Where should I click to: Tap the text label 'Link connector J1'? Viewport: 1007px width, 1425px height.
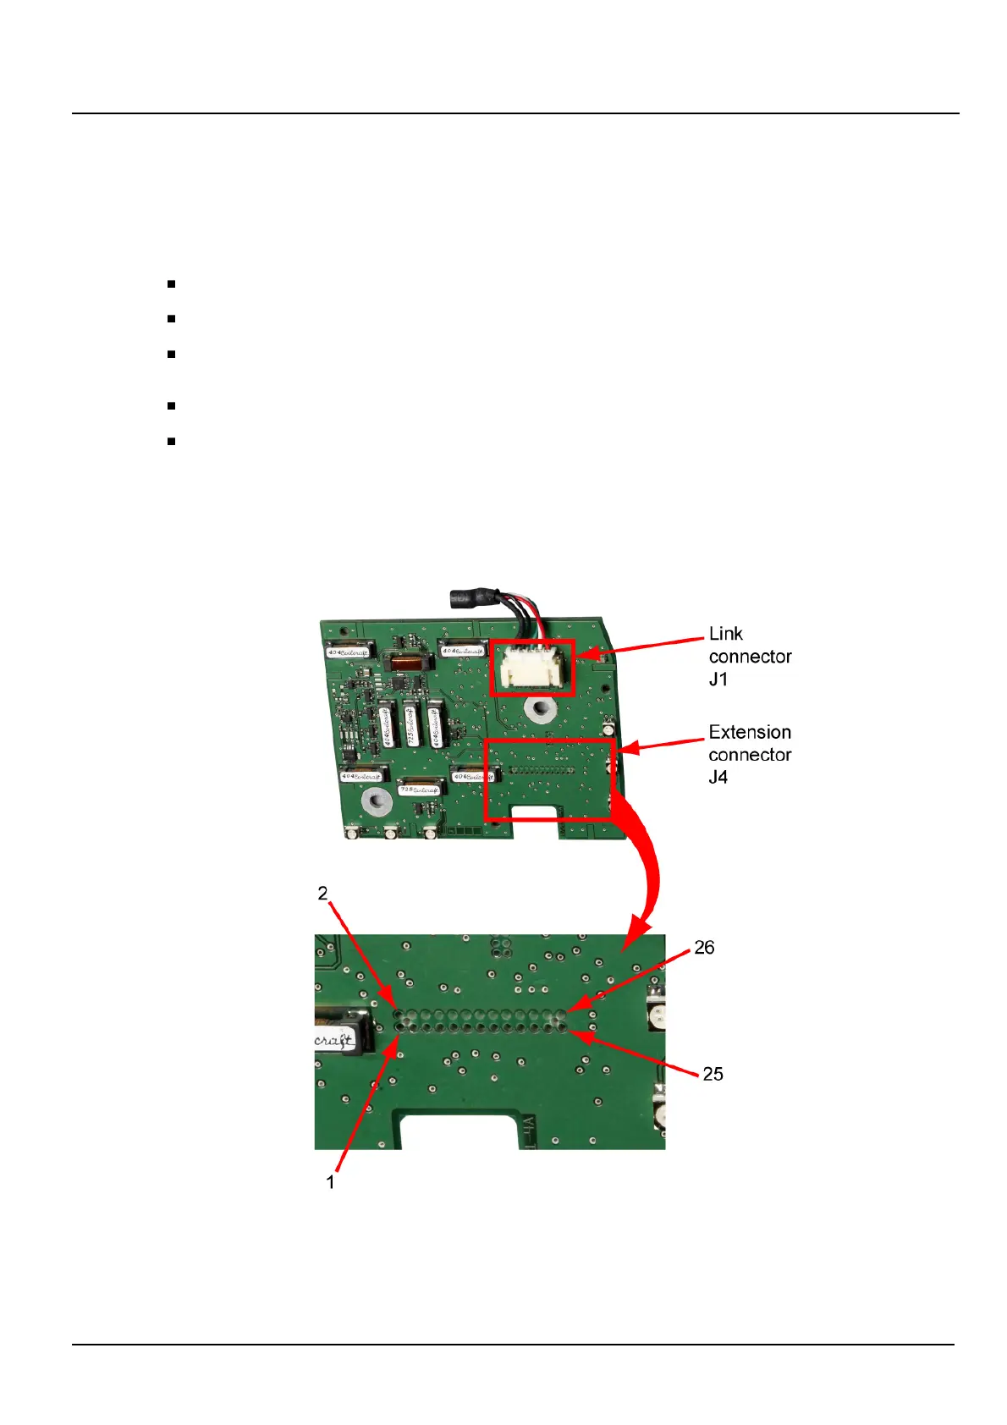[750, 657]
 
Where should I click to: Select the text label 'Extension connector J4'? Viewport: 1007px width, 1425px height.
[750, 755]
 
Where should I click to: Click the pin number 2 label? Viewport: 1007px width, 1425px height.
[322, 894]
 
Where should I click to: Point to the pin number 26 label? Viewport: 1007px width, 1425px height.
[704, 948]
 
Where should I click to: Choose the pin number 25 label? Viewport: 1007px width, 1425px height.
[713, 1074]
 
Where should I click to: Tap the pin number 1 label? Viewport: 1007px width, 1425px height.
[331, 1182]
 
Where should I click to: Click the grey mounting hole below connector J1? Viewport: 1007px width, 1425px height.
[538, 709]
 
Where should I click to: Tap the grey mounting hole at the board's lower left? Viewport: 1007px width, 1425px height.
[376, 800]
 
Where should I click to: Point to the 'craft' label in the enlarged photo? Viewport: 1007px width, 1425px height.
[334, 1040]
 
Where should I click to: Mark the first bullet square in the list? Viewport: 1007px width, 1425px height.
[171, 284]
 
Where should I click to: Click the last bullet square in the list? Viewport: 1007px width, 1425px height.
[171, 441]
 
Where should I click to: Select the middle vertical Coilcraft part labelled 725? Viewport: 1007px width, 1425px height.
[410, 724]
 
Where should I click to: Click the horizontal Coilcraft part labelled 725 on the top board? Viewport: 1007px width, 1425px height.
[420, 790]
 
